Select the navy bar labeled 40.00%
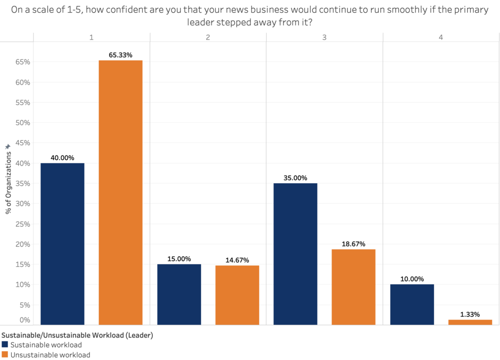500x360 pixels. pos(62,244)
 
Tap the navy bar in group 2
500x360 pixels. pos(179,294)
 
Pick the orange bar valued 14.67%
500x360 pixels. pos(237,295)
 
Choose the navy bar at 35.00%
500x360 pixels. pos(295,254)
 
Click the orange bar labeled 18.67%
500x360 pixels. pos(354,287)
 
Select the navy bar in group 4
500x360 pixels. pos(412,304)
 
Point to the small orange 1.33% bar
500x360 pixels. pos(470,322)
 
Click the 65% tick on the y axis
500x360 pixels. pos(23,62)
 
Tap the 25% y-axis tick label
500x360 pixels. pos(23,224)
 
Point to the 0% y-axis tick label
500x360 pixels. pos(24,320)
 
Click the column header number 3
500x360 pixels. pos(324,37)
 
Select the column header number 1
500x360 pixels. pos(91,37)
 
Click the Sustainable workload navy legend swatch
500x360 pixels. pos(4,345)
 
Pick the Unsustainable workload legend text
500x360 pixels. pos(50,355)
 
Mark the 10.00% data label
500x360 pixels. pos(412,278)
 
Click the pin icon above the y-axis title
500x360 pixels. pos(7,146)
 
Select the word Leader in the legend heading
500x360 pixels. pos(141,335)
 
